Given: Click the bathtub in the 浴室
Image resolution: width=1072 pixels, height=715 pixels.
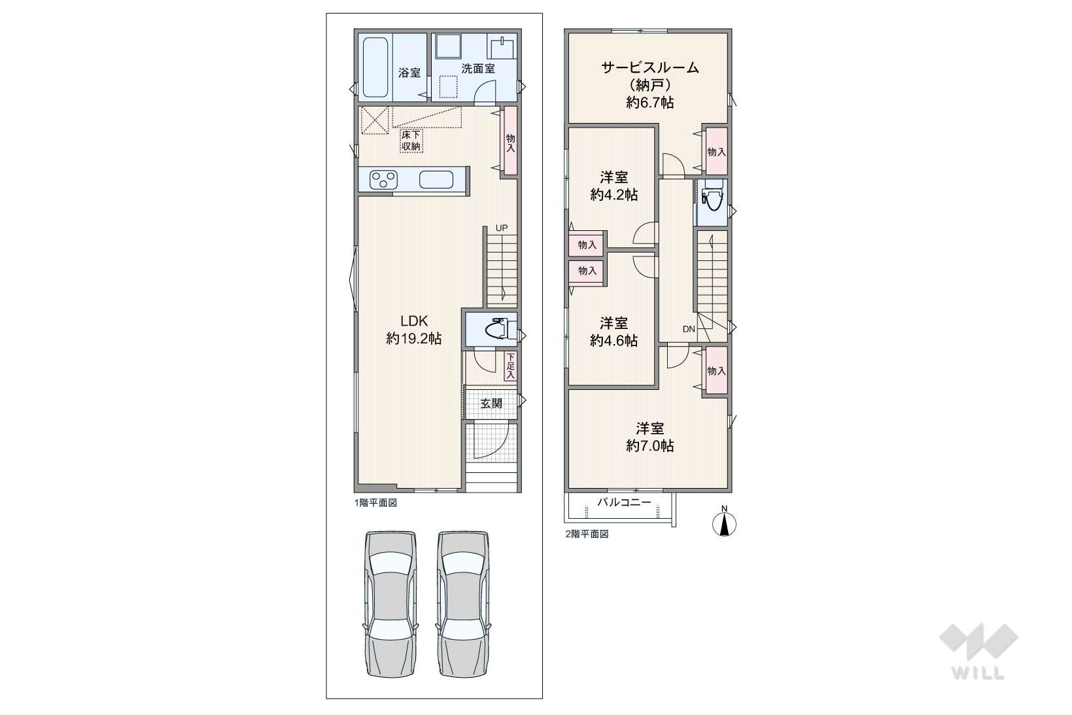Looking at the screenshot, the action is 375,67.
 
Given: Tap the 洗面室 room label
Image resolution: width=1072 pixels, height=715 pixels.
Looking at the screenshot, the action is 477,69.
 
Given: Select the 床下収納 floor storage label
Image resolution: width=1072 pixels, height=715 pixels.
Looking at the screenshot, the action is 411,141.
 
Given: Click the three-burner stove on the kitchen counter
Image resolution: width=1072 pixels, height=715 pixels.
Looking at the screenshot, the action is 383,180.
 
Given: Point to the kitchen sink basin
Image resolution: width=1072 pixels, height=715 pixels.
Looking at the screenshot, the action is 436,180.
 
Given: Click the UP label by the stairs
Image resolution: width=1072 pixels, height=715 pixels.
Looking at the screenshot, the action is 502,228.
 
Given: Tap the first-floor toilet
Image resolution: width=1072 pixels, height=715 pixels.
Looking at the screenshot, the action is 497,329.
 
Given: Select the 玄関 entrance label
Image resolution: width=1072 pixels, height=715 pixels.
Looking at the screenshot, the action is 491,404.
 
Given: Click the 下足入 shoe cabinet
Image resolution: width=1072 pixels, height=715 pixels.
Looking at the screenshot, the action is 511,366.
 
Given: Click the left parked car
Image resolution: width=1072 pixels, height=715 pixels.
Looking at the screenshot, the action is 390,604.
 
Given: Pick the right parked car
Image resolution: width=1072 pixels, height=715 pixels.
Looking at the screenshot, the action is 463,604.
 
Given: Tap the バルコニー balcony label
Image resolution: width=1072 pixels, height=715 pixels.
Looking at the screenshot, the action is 624,502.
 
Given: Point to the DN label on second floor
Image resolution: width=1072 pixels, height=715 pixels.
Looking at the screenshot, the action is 689,329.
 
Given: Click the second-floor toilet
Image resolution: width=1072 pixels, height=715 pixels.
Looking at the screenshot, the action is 712,201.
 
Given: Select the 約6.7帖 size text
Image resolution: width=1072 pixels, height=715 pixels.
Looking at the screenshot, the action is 650,102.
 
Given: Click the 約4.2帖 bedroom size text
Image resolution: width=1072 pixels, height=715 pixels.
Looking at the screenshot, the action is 614,195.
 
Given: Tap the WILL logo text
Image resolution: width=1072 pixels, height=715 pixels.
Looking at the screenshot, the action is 978,673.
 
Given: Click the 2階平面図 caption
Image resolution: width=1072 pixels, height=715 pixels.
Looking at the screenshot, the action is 587,534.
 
